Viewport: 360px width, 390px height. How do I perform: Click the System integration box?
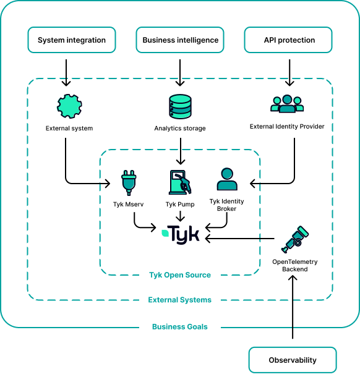click(72, 40)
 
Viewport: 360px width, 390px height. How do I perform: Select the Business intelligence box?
click(180, 40)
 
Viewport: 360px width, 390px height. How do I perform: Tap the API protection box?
click(288, 40)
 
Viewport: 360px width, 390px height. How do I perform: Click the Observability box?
click(293, 360)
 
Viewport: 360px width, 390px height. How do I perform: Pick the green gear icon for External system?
click(69, 106)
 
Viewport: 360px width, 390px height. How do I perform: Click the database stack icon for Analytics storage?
click(180, 106)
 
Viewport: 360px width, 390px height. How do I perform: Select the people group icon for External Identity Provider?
click(287, 104)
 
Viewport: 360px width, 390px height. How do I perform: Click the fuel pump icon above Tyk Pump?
click(180, 183)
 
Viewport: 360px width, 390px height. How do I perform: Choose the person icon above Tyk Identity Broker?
click(226, 180)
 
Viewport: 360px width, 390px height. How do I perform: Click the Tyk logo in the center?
click(181, 234)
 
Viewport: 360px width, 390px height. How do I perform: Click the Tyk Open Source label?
click(180, 275)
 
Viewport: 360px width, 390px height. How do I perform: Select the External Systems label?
click(180, 300)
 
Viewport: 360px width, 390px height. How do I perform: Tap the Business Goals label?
click(180, 326)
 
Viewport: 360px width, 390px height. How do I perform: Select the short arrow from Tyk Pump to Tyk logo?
click(180, 216)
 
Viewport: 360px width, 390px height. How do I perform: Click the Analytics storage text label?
click(180, 129)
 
